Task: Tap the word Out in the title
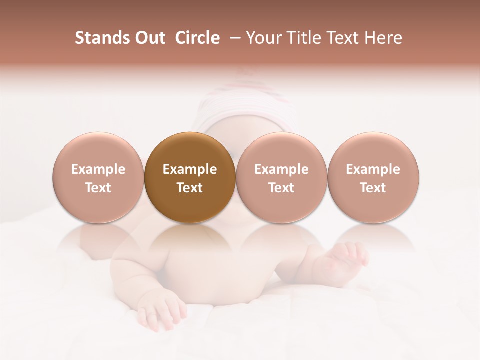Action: click(x=148, y=38)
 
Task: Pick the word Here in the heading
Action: click(x=384, y=38)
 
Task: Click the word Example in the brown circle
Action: click(x=190, y=169)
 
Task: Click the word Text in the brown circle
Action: click(x=190, y=188)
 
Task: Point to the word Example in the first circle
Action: click(x=98, y=169)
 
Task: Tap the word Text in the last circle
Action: click(x=373, y=188)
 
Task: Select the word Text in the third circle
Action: click(x=281, y=188)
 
